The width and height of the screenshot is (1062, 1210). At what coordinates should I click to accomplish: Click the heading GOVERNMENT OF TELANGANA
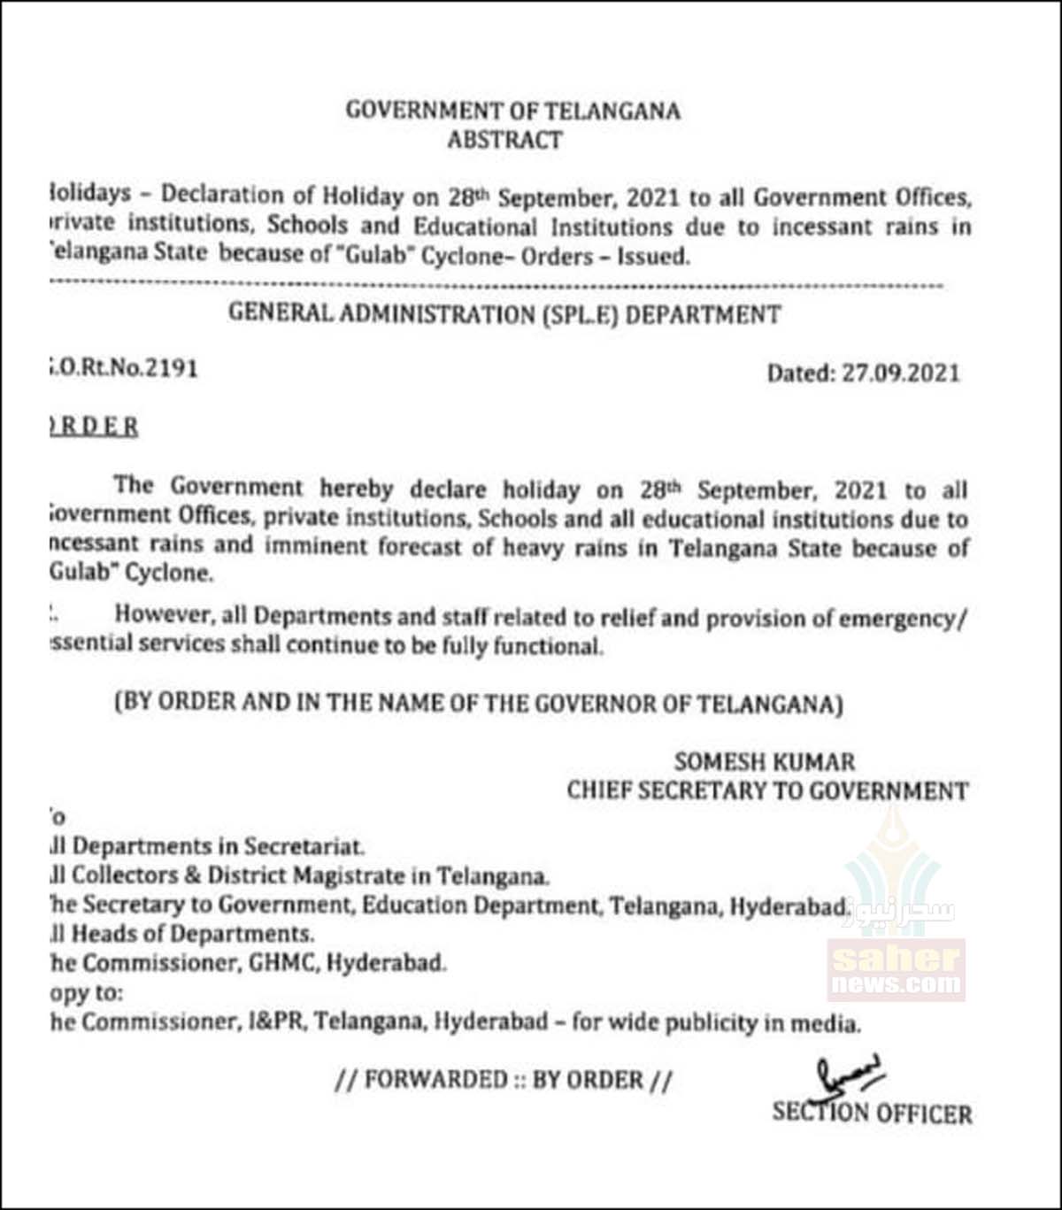tap(512, 112)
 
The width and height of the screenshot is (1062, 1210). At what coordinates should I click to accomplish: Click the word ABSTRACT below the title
tap(504, 140)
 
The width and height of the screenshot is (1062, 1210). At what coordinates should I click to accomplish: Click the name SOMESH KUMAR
tap(765, 761)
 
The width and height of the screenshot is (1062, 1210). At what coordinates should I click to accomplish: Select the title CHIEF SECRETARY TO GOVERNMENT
tap(767, 790)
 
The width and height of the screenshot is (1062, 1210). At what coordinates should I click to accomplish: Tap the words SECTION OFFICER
tap(872, 1113)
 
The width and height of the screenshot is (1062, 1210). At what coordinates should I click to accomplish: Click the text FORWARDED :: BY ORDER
tap(504, 1080)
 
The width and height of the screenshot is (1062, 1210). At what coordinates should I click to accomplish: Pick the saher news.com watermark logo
tap(896, 969)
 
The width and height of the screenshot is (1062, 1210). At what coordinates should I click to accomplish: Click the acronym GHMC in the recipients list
tap(280, 963)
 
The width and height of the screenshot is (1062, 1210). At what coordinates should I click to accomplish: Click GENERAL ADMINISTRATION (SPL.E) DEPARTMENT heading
tap(504, 314)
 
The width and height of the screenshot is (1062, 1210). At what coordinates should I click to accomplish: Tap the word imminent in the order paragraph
tap(327, 545)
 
